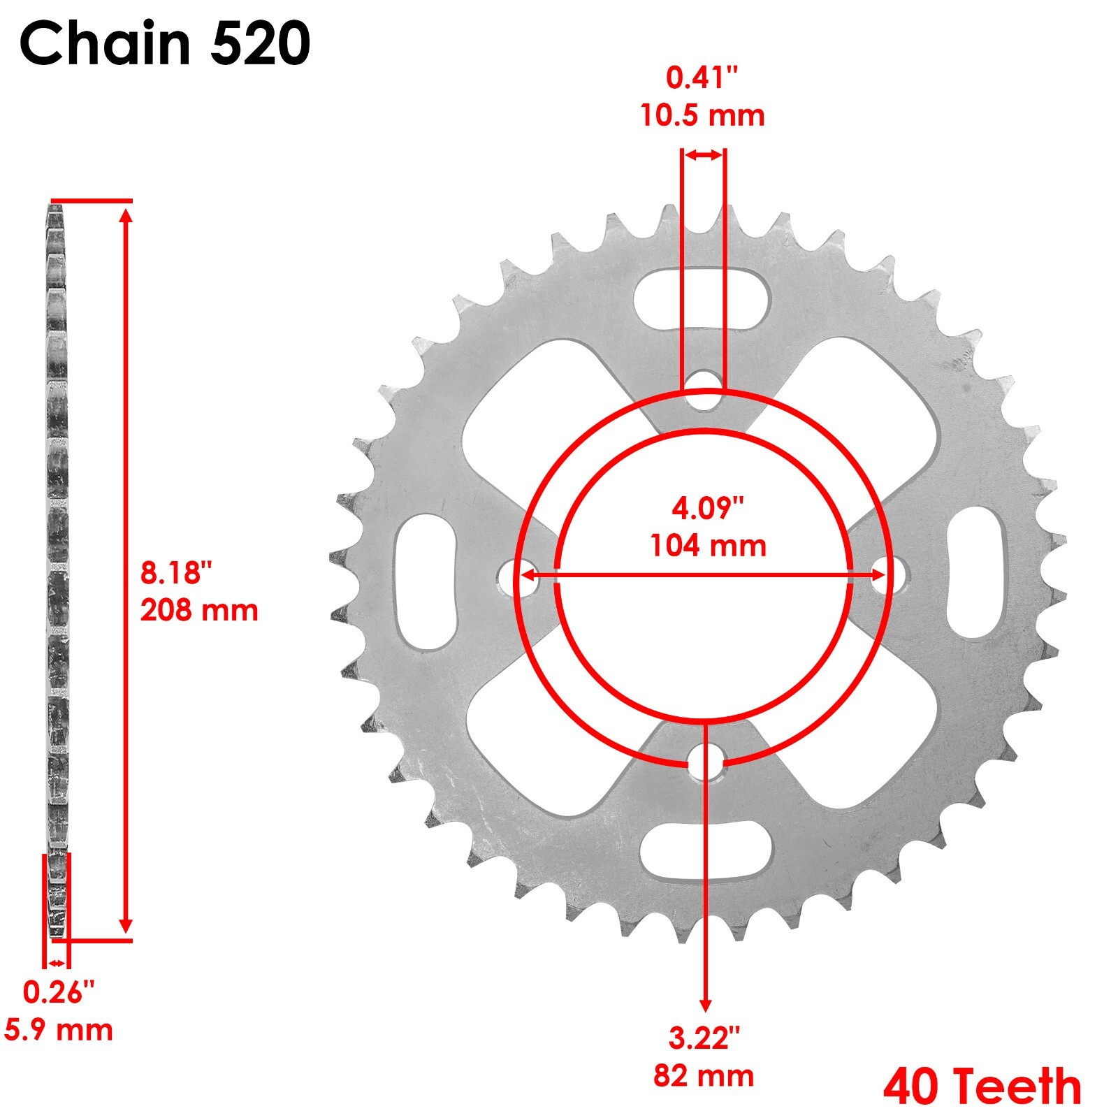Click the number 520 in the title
pos(260,43)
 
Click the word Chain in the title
pos(105,43)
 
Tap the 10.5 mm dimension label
pos(702,115)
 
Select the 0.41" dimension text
pos(702,78)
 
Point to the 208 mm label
pos(199,610)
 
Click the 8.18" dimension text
pos(175,573)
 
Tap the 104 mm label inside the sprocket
pos(708,545)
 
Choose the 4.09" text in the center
pos(708,508)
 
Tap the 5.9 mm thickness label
pos(59,1029)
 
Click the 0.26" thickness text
pos(59,992)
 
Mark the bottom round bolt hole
pos(706,762)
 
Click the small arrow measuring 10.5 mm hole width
pos(703,155)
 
